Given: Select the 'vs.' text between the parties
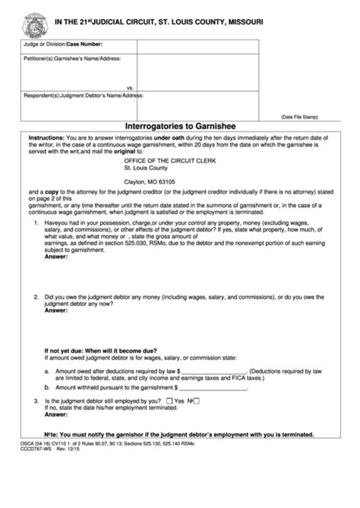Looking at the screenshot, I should [x=131, y=87].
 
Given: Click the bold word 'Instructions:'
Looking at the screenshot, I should [x=47, y=137].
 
